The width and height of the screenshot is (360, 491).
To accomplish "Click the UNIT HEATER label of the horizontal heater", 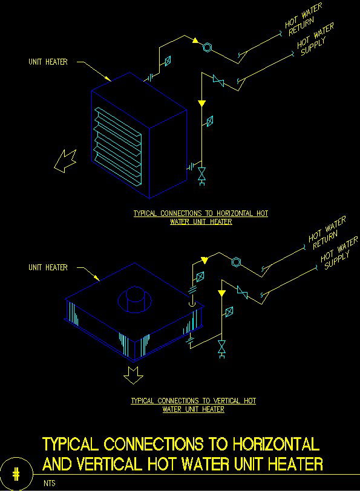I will click(48, 62).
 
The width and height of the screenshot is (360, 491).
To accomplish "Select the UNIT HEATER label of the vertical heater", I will click(48, 267).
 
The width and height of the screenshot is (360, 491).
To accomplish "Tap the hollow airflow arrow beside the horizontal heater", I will click(64, 160).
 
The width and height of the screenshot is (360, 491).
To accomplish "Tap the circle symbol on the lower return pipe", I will click(236, 262).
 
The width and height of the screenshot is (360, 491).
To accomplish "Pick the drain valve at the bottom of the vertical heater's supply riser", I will click(221, 348).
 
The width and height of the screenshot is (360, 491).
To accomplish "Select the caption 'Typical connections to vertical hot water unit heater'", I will click(194, 405).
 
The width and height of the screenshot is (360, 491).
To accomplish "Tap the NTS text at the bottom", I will click(48, 484).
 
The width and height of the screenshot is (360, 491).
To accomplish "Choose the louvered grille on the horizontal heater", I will click(118, 144).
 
